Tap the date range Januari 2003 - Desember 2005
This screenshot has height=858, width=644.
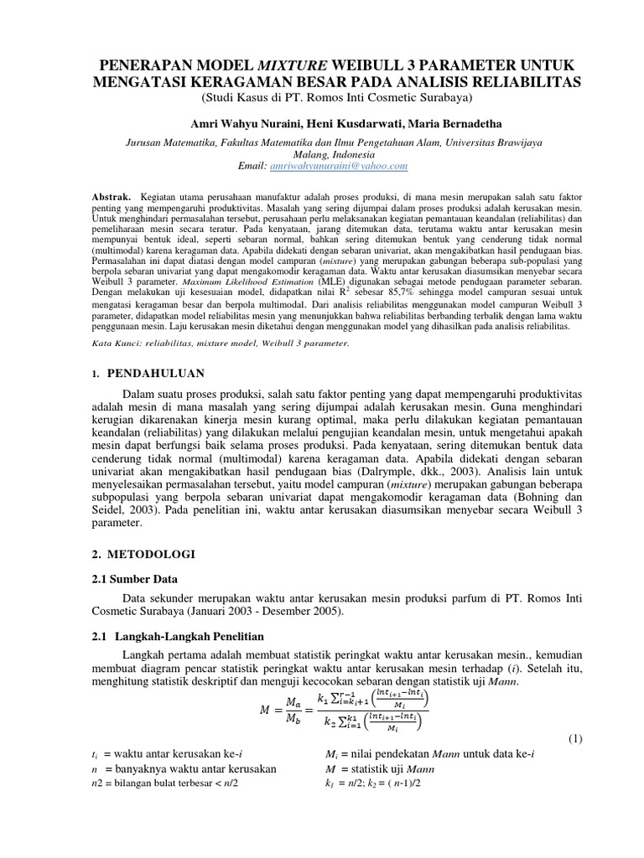(245, 612)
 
